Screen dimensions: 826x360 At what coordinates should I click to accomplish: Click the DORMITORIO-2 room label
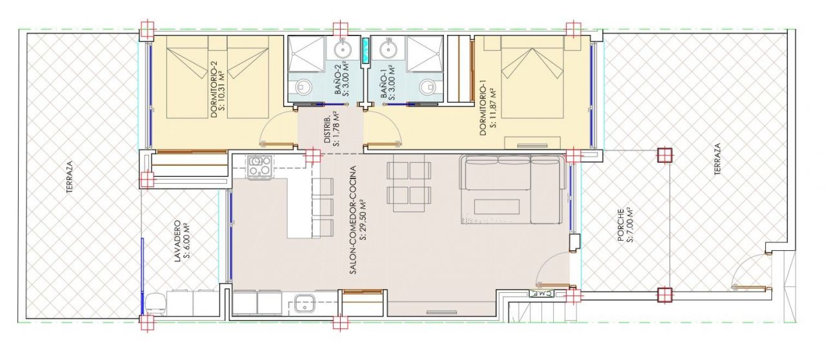(216, 89)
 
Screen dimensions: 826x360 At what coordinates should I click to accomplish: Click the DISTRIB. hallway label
(327, 130)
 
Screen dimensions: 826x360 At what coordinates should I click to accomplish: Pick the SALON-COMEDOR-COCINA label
(353, 220)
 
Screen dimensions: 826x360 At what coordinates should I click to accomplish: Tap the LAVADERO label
(177, 241)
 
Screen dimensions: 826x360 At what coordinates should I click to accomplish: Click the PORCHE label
(621, 225)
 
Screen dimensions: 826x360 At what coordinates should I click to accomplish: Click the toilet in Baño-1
(427, 86)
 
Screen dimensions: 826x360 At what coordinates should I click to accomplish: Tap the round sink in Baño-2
(343, 48)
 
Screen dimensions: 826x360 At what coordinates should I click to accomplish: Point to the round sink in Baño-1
(388, 48)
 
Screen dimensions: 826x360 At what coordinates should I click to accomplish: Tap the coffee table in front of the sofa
(497, 206)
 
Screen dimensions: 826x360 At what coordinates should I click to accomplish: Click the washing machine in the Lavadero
(157, 304)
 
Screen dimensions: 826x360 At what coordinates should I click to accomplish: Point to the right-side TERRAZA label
(718, 159)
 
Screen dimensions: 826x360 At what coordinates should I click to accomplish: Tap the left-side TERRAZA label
(70, 177)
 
